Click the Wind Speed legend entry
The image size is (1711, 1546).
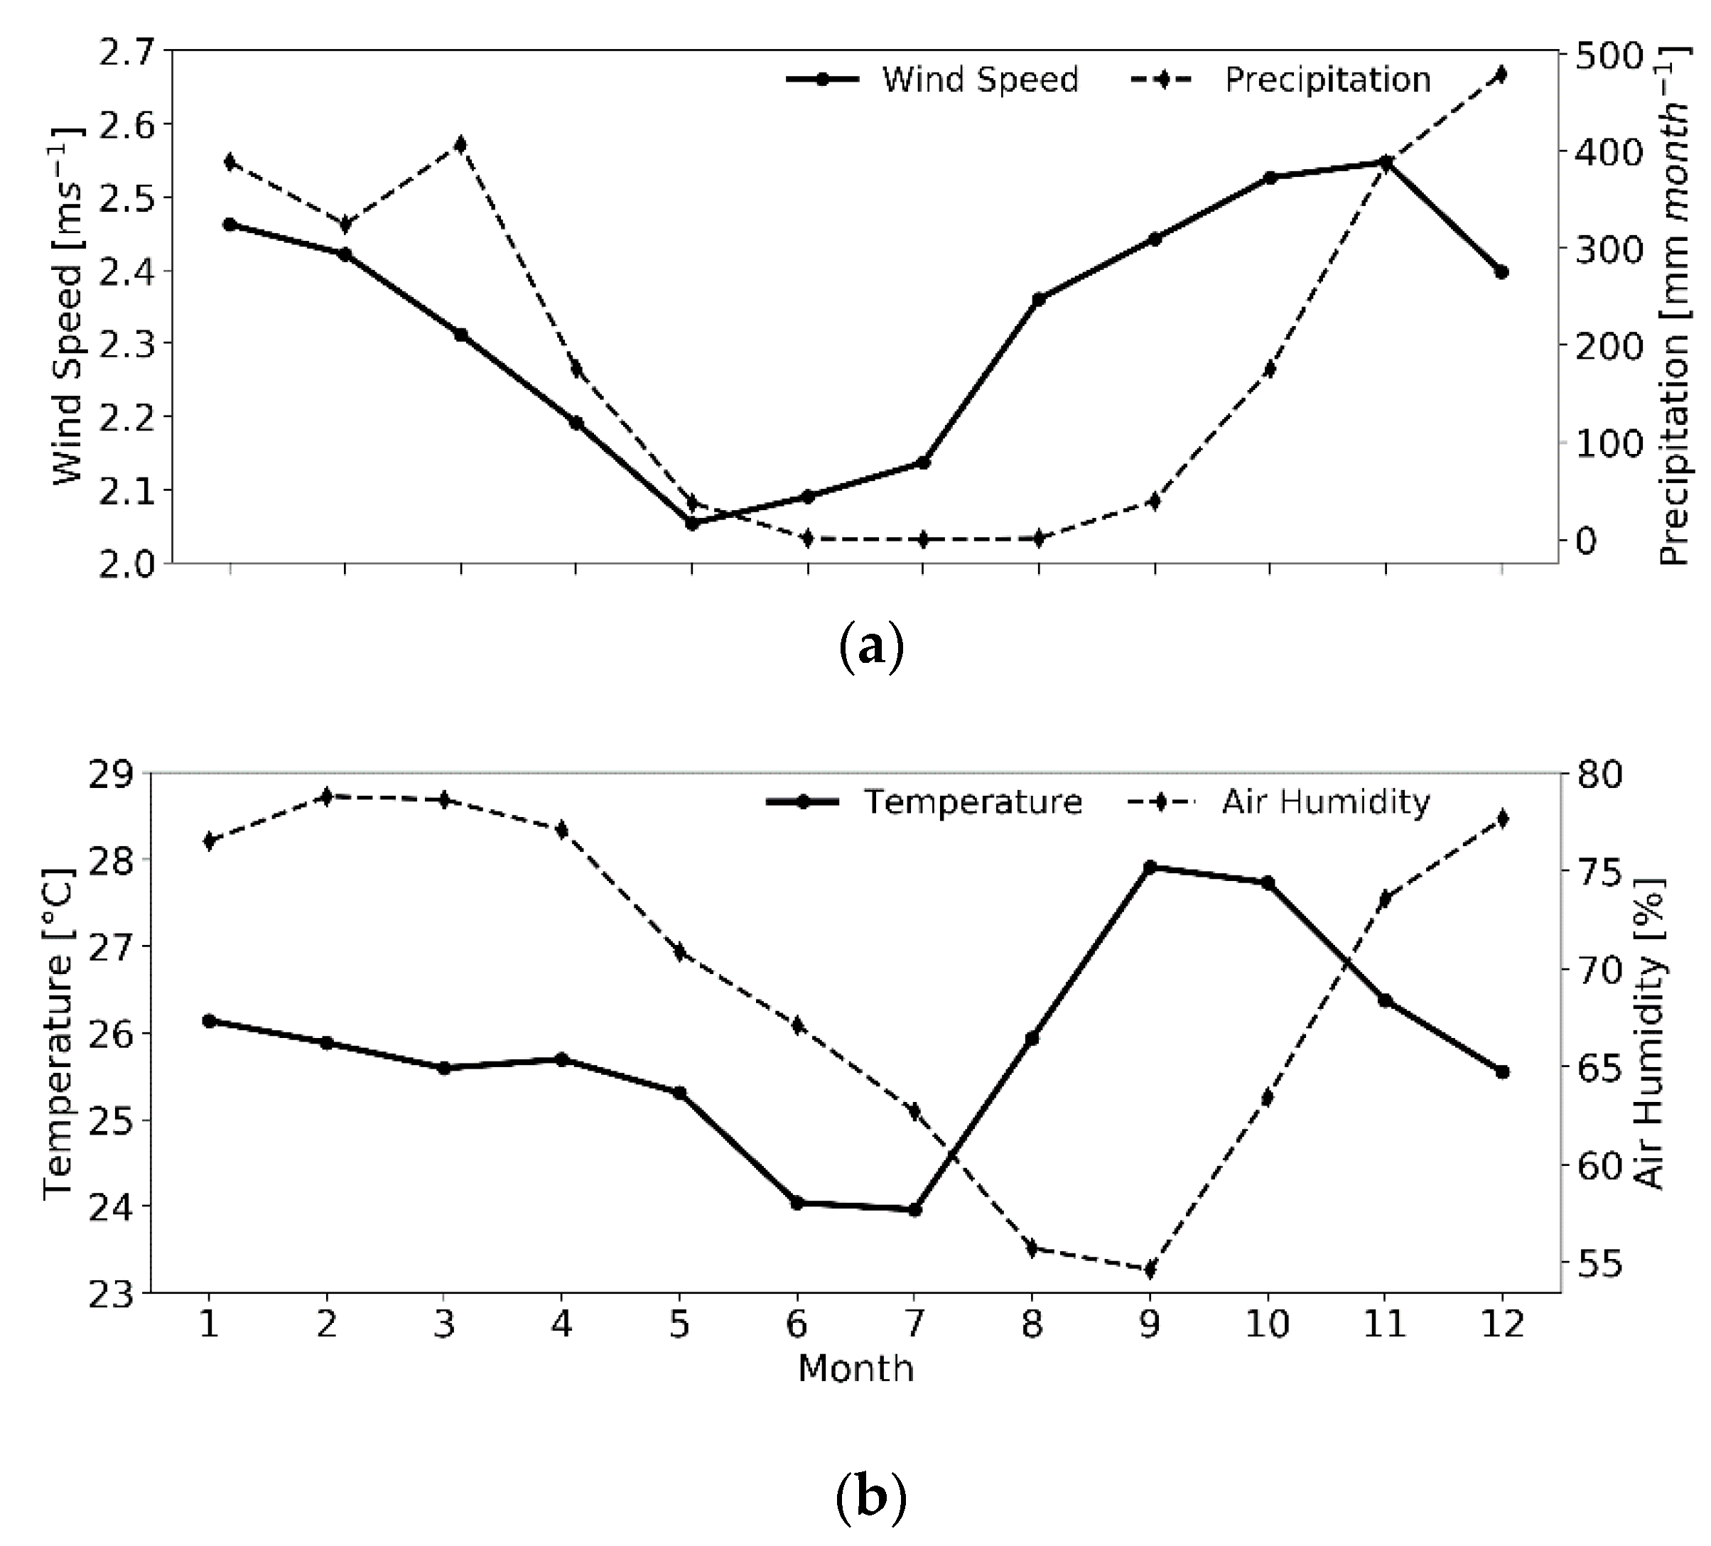pyautogui.click(x=934, y=80)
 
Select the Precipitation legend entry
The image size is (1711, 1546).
pyautogui.click(x=1282, y=80)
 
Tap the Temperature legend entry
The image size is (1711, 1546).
pyautogui.click(x=925, y=802)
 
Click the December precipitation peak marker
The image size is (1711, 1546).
pyautogui.click(x=1501, y=75)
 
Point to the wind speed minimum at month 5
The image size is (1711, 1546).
pyautogui.click(x=691, y=524)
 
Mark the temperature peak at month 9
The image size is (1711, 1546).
pyautogui.click(x=1150, y=867)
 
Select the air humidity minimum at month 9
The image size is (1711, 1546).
pyautogui.click(x=1150, y=1270)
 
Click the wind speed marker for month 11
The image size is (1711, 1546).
pyautogui.click(x=1385, y=162)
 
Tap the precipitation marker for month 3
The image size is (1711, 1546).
pyautogui.click(x=460, y=144)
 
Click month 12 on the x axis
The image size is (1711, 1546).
pyautogui.click(x=1501, y=1324)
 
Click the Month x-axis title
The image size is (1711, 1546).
pyautogui.click(x=855, y=1368)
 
